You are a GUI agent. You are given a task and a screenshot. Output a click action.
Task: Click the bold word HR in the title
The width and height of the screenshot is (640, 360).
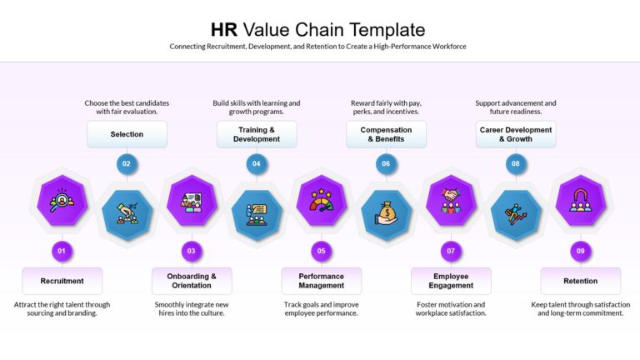point(223,30)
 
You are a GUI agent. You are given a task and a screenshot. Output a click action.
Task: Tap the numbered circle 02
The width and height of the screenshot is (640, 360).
point(127,163)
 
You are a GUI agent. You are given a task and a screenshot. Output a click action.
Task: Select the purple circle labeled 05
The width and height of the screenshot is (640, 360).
point(321,251)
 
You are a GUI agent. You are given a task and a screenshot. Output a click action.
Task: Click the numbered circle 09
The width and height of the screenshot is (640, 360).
point(580,251)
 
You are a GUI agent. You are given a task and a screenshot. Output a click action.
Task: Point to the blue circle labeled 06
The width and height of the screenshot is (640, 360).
point(386,163)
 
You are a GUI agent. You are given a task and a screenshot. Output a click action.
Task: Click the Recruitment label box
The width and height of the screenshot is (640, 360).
point(62,281)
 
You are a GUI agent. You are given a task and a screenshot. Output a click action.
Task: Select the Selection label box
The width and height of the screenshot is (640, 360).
point(127,134)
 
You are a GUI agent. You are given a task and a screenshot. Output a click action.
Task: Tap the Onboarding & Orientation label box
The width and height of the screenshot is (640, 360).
point(192,281)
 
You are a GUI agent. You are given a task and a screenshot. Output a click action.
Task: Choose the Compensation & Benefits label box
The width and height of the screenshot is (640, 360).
point(386,134)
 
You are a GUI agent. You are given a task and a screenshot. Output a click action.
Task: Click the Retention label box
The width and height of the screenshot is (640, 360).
point(580,281)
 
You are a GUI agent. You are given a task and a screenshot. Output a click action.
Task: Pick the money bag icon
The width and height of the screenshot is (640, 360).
point(386,214)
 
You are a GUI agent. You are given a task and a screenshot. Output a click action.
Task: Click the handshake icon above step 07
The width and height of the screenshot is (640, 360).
point(451,200)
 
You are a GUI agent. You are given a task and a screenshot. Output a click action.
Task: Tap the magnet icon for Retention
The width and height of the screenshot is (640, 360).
point(580,200)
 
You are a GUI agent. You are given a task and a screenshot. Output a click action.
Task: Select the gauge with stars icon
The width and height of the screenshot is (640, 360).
point(321,200)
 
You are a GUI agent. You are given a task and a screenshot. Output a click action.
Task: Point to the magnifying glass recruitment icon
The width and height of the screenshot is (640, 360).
point(62,200)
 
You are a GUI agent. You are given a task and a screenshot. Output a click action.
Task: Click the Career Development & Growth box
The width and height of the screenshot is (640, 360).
point(516,134)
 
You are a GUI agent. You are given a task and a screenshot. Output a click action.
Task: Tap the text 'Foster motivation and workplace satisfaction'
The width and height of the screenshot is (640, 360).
point(451,309)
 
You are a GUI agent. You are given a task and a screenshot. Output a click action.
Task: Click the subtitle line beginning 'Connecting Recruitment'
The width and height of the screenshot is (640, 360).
point(318,47)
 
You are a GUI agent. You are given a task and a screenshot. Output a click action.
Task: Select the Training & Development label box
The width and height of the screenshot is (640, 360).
point(257,134)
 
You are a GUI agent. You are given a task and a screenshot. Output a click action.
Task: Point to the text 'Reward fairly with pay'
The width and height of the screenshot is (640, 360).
point(386,103)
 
